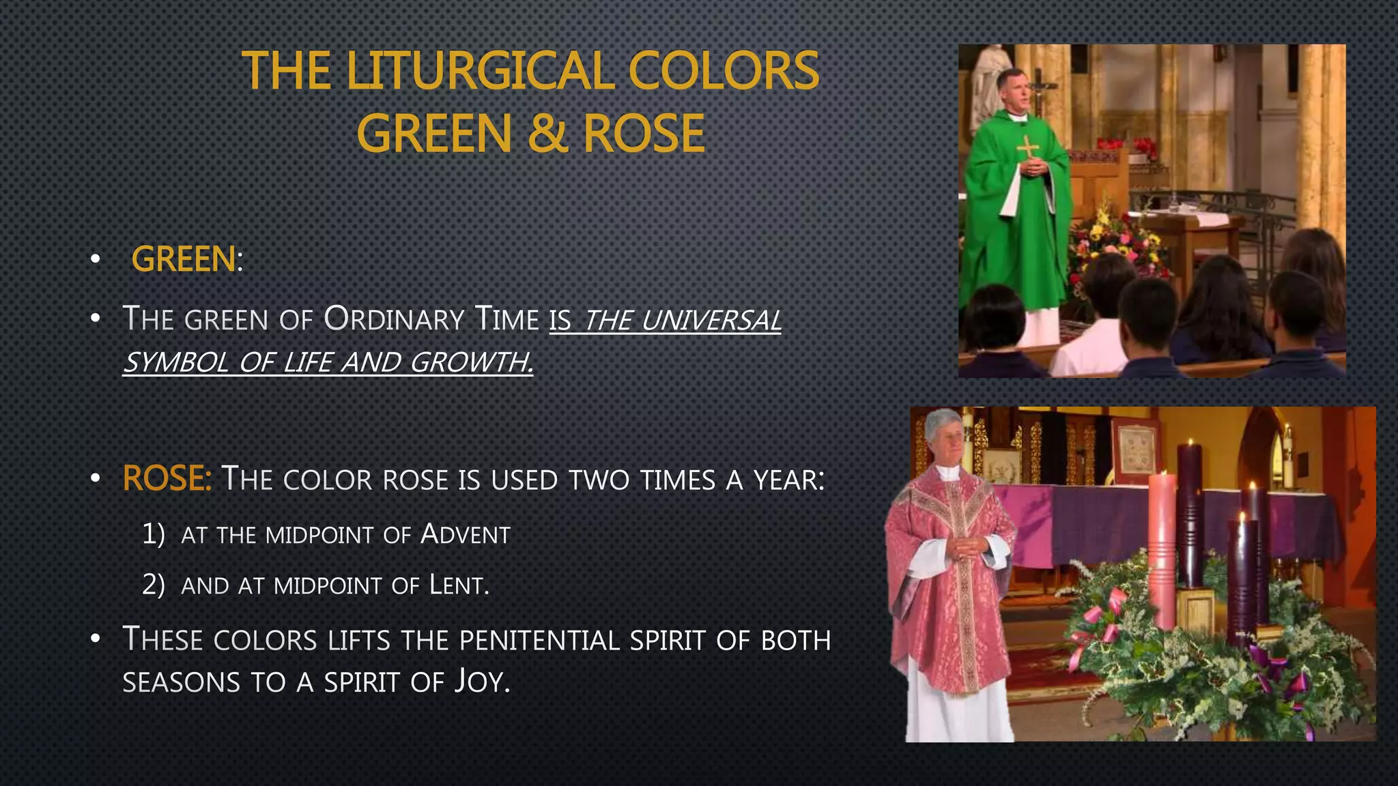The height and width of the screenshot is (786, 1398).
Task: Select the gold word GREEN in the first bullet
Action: tap(183, 260)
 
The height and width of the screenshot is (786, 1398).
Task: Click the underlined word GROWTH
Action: tap(471, 362)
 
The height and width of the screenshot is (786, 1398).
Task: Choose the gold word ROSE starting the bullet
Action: tap(166, 478)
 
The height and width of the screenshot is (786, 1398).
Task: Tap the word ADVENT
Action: tap(466, 534)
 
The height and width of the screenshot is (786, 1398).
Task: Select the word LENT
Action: tap(458, 585)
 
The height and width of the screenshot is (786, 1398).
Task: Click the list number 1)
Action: tap(154, 534)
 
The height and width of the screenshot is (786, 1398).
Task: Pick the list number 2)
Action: tap(154, 585)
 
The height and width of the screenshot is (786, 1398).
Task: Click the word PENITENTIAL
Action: tap(539, 641)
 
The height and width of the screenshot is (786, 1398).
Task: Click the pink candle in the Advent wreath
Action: tap(1162, 546)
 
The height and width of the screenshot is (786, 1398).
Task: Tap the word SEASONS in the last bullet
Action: tap(182, 682)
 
